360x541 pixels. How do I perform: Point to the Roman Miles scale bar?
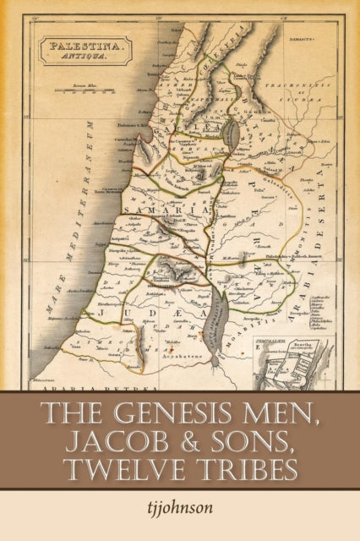coord(82,88)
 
